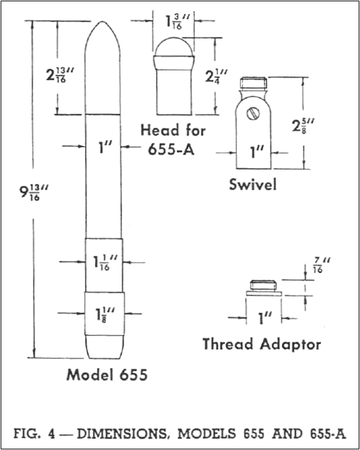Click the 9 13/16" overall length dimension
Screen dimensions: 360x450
coord(33,192)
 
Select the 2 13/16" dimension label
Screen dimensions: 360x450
coord(60,75)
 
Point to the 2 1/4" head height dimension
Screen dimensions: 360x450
coord(217,77)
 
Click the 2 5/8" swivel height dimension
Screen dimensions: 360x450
coord(303,125)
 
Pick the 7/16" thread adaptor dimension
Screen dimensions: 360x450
coord(321,265)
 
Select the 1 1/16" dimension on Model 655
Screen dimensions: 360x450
coord(105,262)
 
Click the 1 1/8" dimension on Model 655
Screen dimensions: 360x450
coord(105,315)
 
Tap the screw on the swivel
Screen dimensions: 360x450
coord(253,113)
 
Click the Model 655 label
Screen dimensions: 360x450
coord(107,375)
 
